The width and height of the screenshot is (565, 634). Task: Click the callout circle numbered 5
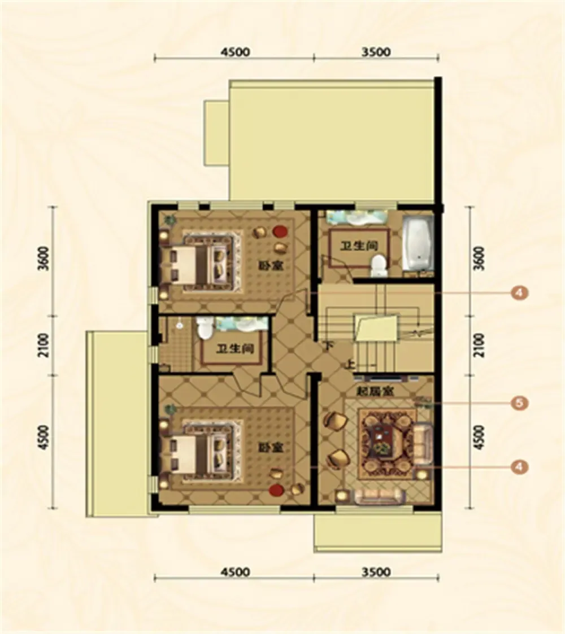520,403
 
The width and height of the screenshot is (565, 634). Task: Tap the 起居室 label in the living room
375,391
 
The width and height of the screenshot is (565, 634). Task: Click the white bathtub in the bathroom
418,243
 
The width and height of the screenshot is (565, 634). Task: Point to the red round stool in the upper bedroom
280,231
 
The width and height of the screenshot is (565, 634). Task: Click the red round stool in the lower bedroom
276,491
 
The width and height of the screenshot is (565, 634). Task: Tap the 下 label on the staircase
328,346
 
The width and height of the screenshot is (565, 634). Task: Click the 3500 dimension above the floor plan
376,52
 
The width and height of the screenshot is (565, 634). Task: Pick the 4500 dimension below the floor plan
235,572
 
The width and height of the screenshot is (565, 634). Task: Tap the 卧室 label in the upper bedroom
271,266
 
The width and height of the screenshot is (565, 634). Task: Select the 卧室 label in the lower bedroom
271,448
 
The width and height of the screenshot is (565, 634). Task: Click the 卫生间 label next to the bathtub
359,246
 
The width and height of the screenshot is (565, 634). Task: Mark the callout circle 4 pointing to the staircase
520,292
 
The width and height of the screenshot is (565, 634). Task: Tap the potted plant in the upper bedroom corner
169,220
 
